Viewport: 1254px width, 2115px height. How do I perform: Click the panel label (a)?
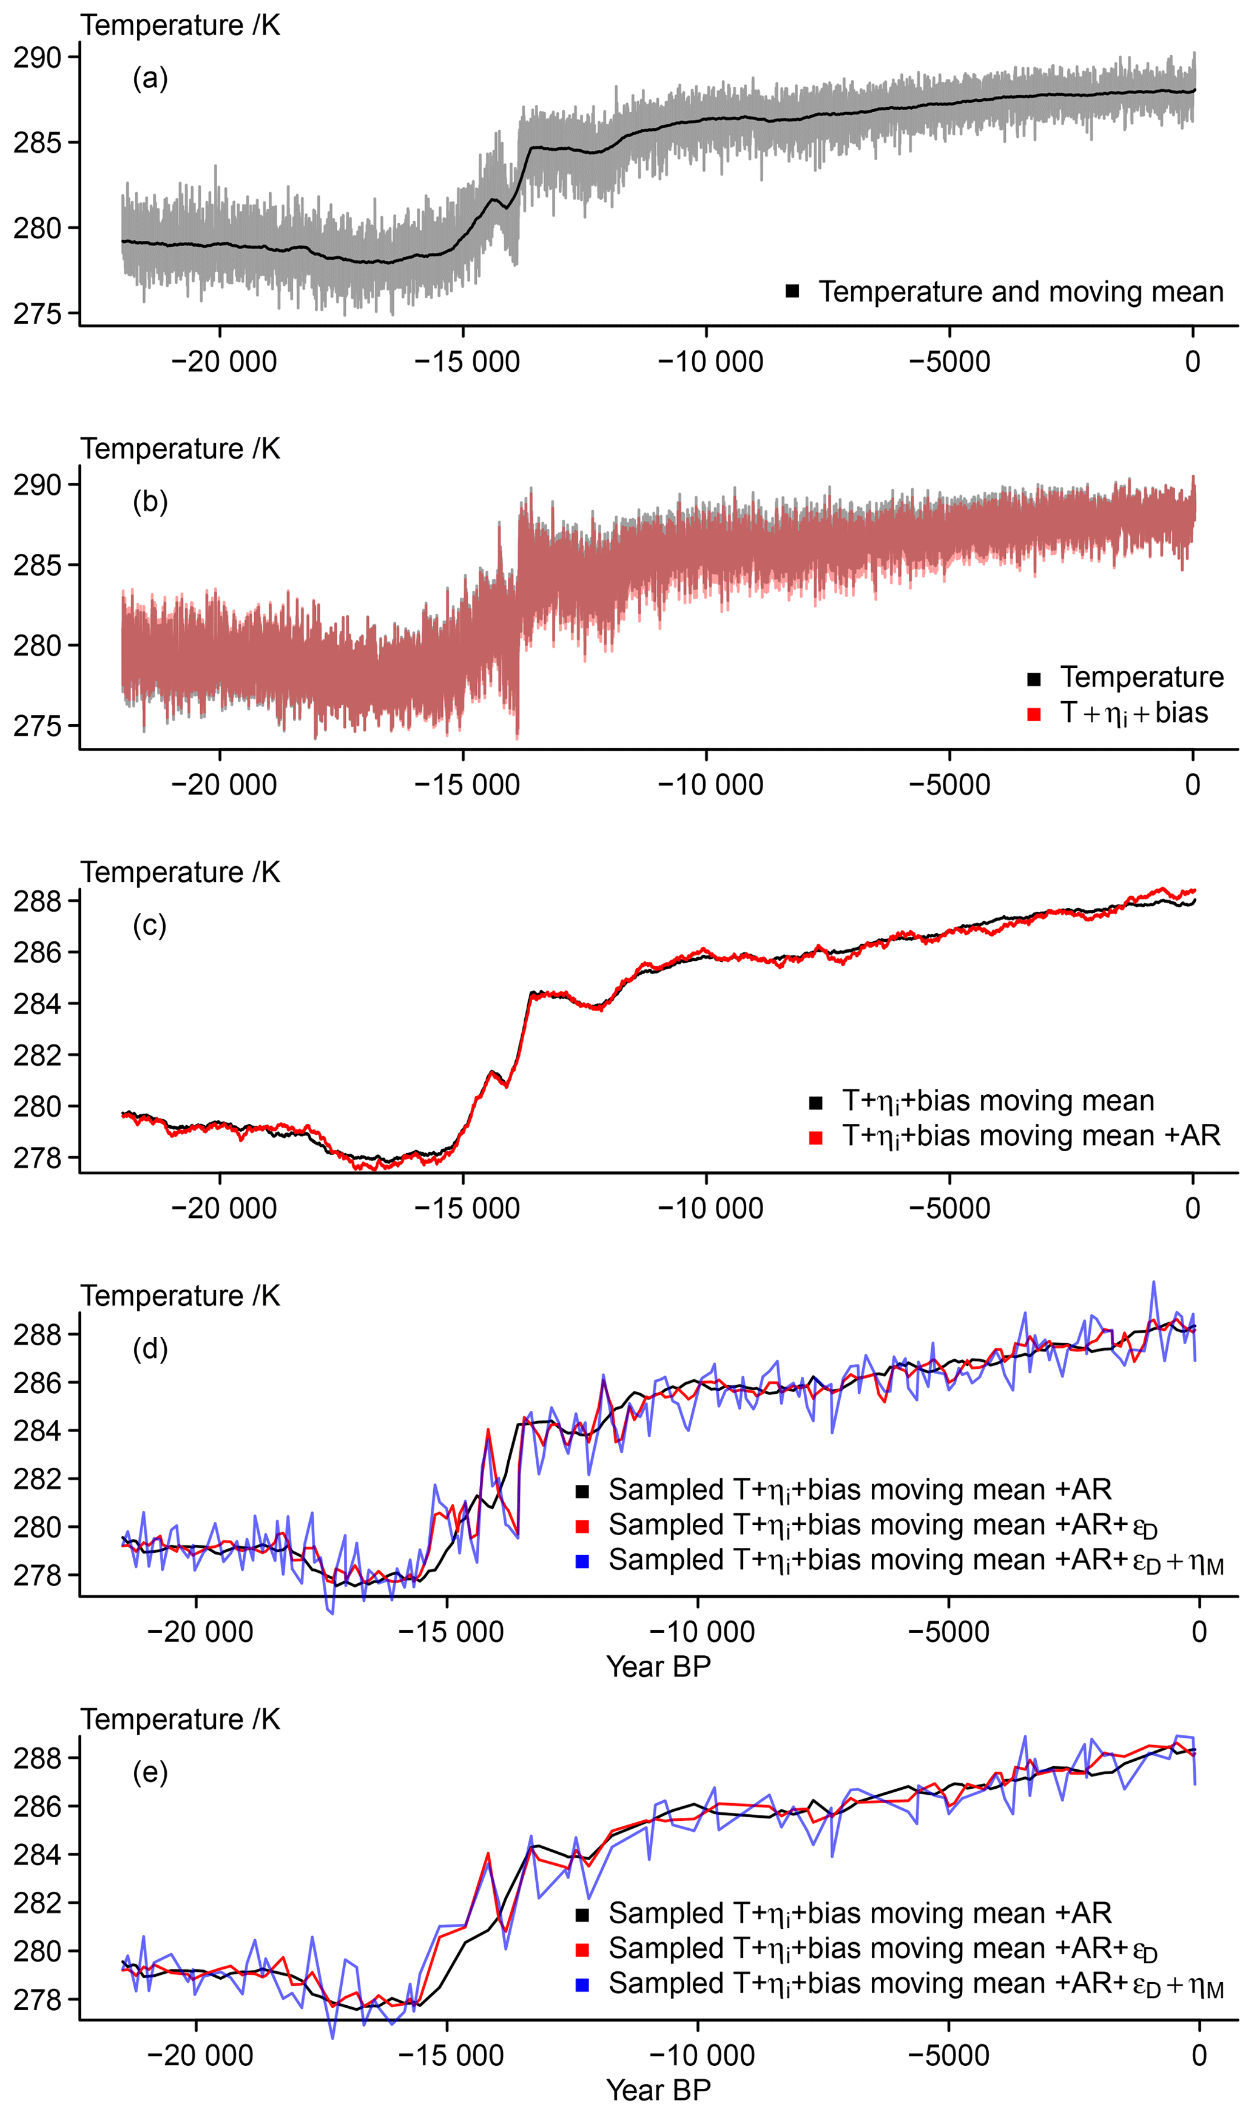click(150, 79)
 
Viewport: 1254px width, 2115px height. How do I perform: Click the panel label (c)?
click(150, 926)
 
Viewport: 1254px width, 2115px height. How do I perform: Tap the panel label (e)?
click(150, 1772)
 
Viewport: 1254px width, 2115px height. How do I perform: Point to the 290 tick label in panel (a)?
click(37, 58)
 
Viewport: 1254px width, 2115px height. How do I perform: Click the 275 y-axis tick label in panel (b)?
click(37, 727)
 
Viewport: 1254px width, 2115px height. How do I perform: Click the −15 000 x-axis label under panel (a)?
click(467, 362)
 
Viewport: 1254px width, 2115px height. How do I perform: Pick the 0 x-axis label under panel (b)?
click(1192, 785)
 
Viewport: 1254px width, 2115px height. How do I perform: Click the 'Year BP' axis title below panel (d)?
click(658, 1667)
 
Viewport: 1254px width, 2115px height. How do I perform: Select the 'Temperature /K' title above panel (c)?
click(180, 873)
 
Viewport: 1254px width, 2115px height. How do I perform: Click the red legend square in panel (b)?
click(1033, 715)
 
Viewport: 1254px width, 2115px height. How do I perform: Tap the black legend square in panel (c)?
click(815, 1102)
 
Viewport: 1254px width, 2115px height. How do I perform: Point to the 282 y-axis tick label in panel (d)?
click(37, 1479)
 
